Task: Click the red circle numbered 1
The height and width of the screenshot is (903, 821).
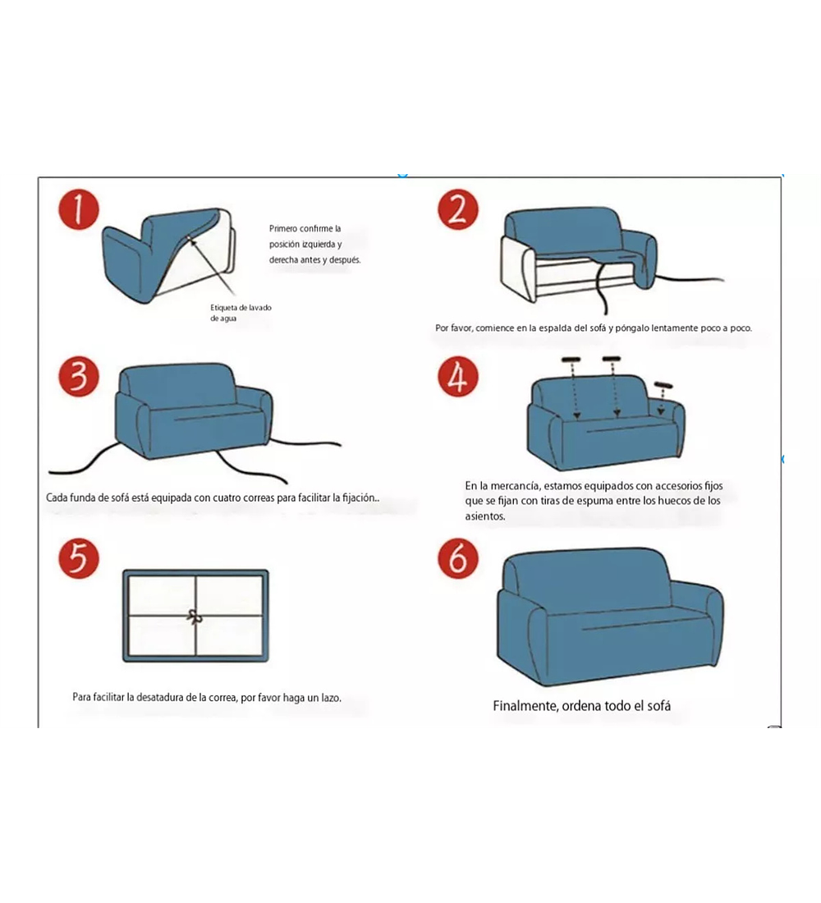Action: (x=79, y=210)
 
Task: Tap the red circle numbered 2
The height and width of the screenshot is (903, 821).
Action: (x=458, y=210)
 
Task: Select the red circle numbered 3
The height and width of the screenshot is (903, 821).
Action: (x=79, y=378)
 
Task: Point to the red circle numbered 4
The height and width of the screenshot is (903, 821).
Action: (x=458, y=378)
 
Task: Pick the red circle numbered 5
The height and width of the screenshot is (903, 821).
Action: (x=79, y=558)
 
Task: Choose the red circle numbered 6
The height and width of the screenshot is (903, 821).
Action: (x=458, y=558)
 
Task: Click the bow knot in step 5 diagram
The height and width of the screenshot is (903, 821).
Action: (x=195, y=617)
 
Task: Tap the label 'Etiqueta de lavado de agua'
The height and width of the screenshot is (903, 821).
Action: (x=241, y=313)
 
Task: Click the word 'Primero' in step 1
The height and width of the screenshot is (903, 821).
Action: (x=284, y=229)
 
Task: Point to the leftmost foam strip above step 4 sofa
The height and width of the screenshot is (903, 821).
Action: (x=571, y=360)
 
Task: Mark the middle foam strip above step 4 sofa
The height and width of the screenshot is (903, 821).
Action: (x=612, y=360)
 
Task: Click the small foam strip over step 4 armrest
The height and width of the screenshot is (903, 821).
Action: (x=664, y=385)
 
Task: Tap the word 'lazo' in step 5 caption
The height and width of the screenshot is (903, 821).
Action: (x=331, y=698)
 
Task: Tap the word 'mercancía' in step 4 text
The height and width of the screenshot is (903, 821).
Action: (x=514, y=486)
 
